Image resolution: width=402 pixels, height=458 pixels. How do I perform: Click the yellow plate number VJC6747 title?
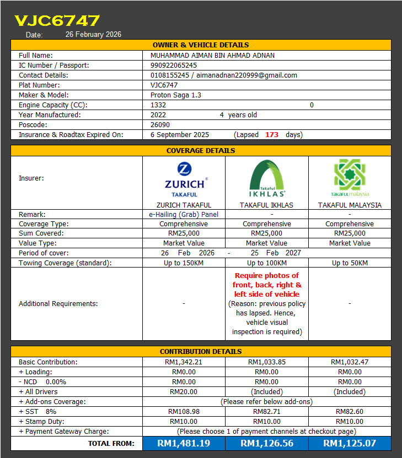57,21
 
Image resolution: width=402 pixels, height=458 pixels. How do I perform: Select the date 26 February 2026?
93,34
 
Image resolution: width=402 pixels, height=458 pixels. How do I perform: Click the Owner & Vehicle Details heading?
201,45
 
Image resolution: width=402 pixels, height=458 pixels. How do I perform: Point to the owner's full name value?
212,55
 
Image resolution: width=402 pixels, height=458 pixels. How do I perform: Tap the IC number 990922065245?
173,65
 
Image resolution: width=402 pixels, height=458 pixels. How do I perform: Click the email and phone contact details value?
223,75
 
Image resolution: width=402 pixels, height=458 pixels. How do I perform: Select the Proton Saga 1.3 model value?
175,95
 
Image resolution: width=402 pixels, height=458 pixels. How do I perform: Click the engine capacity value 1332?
158,105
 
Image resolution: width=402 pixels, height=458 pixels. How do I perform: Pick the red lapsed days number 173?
271,134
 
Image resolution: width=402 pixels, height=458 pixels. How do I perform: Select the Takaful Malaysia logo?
350,178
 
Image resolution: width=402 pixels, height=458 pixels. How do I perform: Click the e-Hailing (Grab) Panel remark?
184,214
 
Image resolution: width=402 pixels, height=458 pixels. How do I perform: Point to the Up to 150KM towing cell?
184,263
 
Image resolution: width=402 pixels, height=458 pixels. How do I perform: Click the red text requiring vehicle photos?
267,285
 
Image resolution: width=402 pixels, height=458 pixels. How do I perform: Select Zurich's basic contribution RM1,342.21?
184,362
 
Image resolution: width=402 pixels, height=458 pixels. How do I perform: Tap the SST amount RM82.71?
267,411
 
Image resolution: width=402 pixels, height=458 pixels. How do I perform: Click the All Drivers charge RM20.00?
184,391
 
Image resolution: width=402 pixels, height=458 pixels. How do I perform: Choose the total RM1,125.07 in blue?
350,443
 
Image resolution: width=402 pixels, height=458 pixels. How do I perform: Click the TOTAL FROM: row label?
111,443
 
